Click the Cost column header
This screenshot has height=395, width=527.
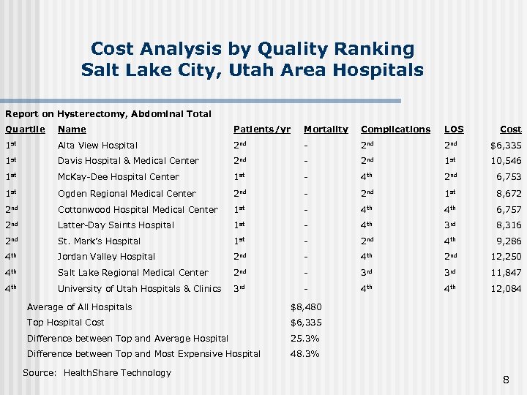[x=510, y=129]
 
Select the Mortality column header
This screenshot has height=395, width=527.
[x=326, y=129]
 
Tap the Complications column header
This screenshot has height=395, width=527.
[x=395, y=129]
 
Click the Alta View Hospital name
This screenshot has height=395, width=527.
[x=97, y=146]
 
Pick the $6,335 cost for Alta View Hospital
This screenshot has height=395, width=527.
[x=506, y=146]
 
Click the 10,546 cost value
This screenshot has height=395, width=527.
[x=507, y=161]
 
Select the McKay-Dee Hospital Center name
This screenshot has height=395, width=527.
[x=118, y=177]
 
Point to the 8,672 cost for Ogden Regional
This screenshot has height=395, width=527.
[x=509, y=194]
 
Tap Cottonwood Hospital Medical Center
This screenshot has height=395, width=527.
[x=138, y=210]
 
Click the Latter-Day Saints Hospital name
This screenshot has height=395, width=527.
[x=116, y=225]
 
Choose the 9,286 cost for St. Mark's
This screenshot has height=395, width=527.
[x=509, y=241]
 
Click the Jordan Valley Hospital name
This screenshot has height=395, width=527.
[x=106, y=257]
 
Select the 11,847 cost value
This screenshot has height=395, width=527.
[x=507, y=273]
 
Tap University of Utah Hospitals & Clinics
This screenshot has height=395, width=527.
[x=139, y=289]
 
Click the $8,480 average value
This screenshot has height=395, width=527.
[x=305, y=307]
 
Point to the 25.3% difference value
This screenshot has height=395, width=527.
[x=304, y=339]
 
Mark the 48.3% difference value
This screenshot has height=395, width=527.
[x=304, y=354]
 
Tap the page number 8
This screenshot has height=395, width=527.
[x=506, y=379]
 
